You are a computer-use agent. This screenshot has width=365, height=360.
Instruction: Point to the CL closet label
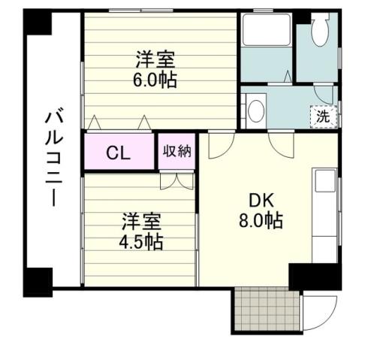[119, 153]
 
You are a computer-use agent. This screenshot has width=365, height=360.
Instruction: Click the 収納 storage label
[176, 151]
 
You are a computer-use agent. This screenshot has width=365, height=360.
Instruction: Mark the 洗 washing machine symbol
[323, 116]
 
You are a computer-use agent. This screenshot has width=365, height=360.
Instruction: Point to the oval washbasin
[255, 110]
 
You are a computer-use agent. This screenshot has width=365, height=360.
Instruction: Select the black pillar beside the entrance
[314, 277]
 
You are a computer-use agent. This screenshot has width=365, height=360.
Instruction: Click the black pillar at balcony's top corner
[37, 23]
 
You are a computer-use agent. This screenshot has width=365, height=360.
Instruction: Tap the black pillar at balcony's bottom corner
[38, 281]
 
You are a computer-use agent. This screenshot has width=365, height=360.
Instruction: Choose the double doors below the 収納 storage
[177, 180]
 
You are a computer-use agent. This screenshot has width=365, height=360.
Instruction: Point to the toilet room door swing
[324, 93]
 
